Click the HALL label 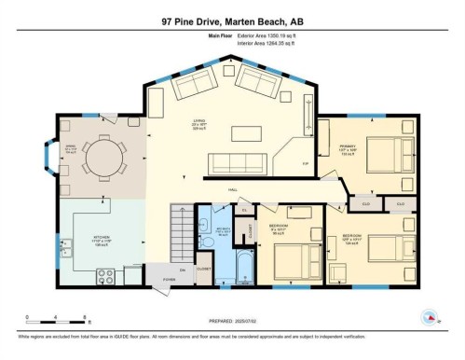click(233, 189)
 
